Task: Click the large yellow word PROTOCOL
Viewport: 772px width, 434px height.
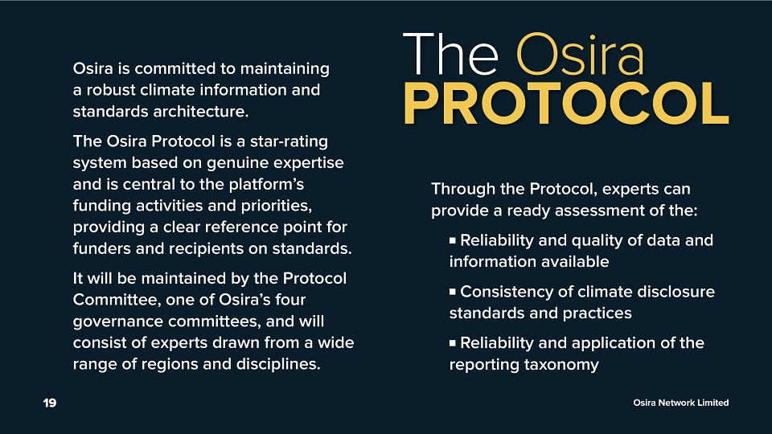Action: (x=566, y=104)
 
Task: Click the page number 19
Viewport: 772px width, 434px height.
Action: (x=50, y=403)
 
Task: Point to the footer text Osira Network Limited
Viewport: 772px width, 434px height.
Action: (x=681, y=403)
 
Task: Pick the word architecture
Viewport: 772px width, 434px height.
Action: (x=200, y=111)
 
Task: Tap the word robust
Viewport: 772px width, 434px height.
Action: (x=111, y=89)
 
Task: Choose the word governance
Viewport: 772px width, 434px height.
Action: (x=118, y=321)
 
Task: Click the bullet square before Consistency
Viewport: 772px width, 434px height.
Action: (x=453, y=292)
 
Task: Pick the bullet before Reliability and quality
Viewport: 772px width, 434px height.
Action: (x=453, y=240)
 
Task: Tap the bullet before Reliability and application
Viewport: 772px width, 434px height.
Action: (x=453, y=343)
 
